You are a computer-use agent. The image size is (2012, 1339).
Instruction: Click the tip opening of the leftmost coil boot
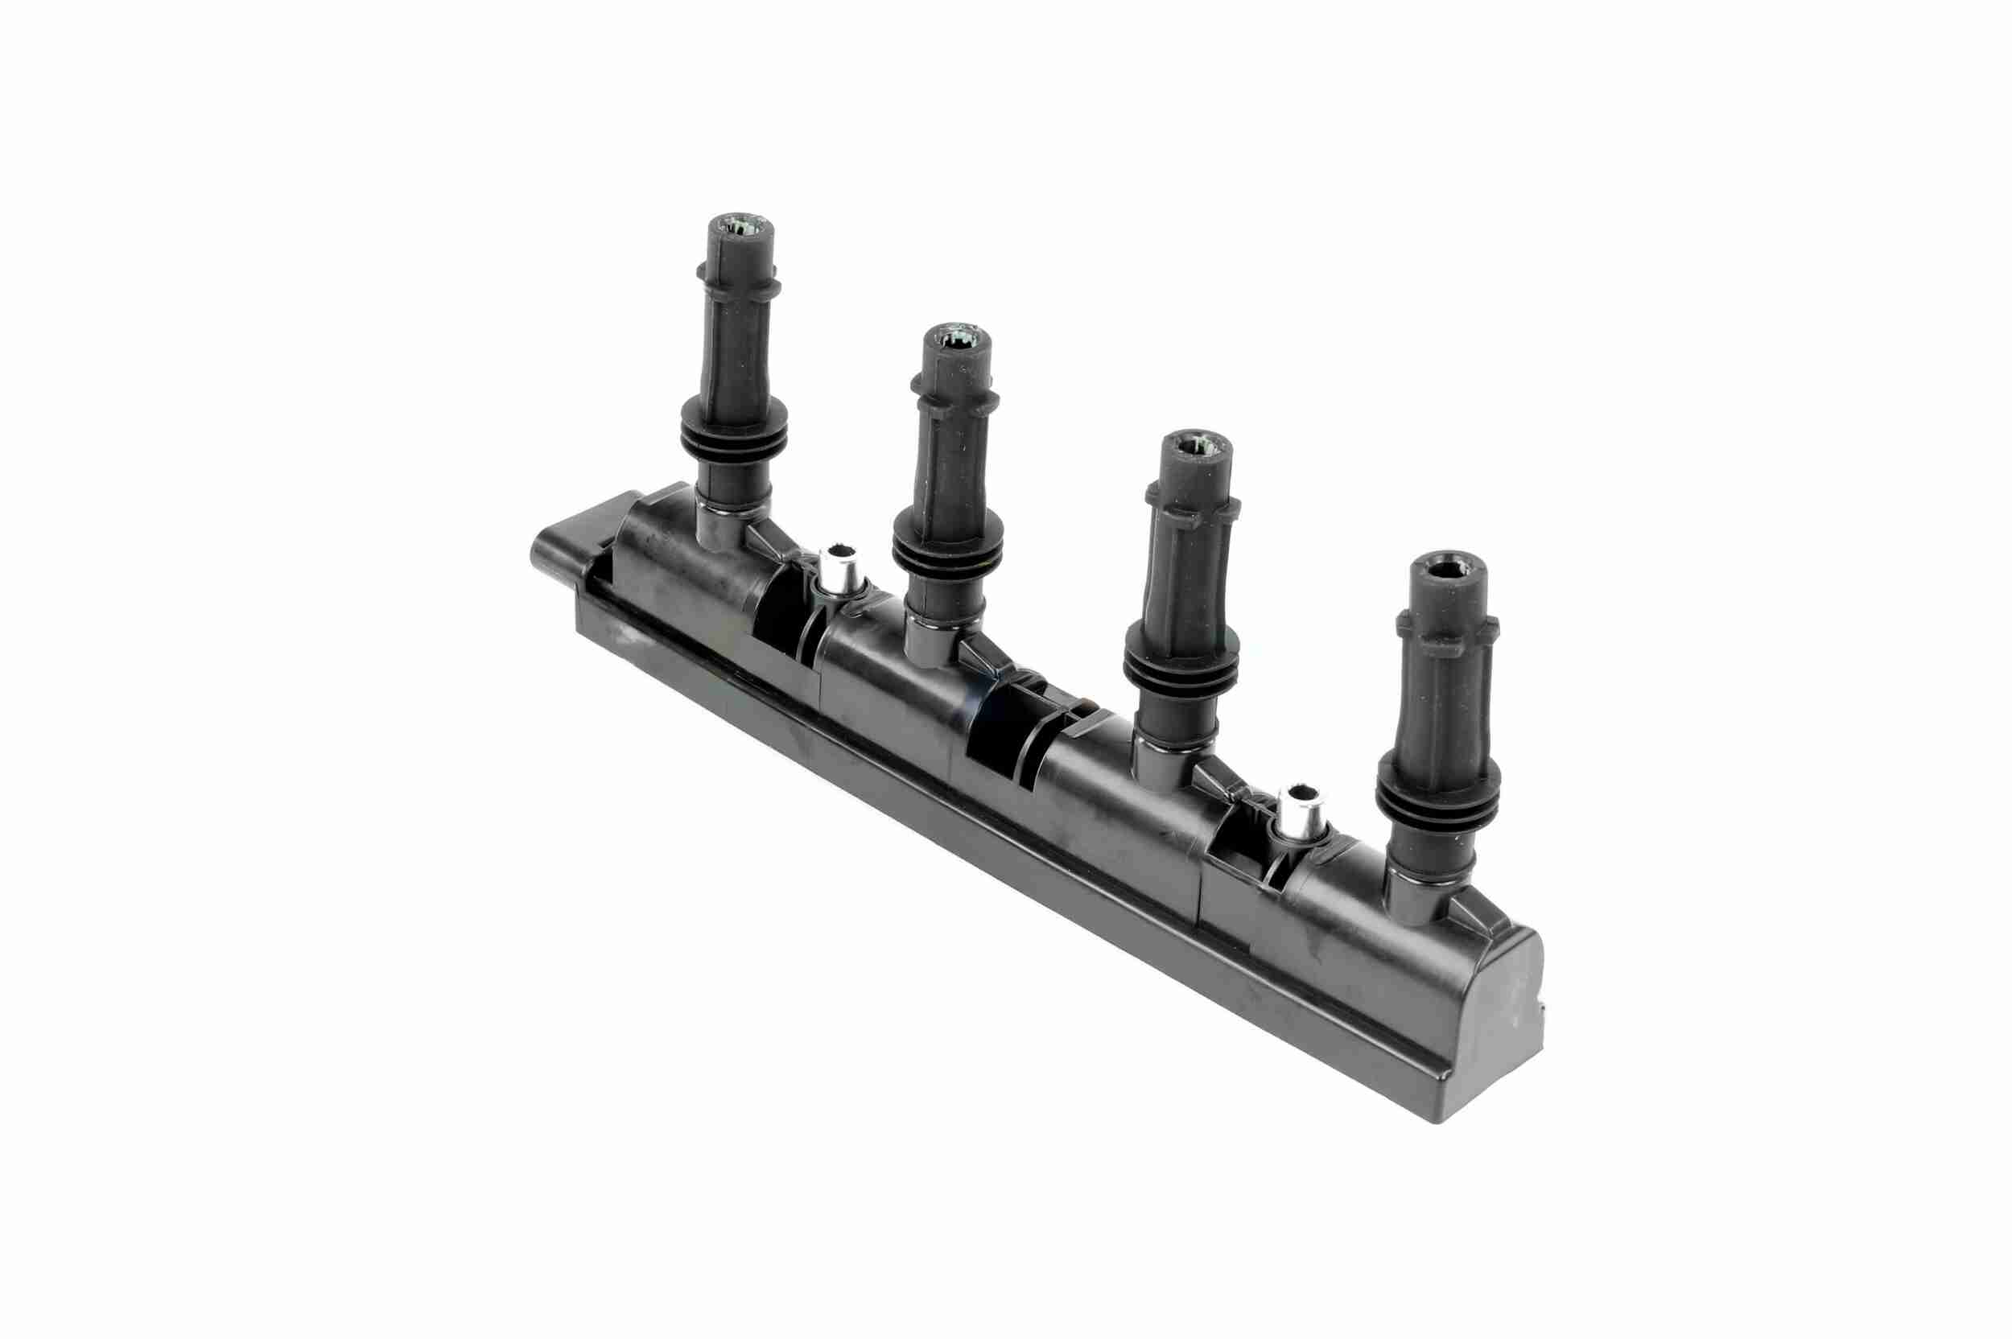click(740, 227)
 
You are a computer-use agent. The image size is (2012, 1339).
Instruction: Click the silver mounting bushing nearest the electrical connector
click(838, 567)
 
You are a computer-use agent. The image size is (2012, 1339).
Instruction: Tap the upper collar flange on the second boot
click(954, 395)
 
